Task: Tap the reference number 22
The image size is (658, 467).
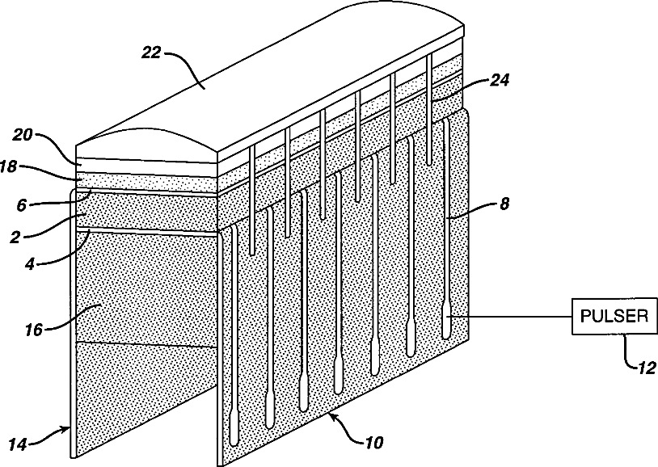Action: tap(151, 53)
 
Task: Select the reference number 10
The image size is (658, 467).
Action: tap(373, 443)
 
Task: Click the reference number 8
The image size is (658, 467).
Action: tap(504, 204)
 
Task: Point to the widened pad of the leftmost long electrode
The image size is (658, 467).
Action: tap(234, 424)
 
